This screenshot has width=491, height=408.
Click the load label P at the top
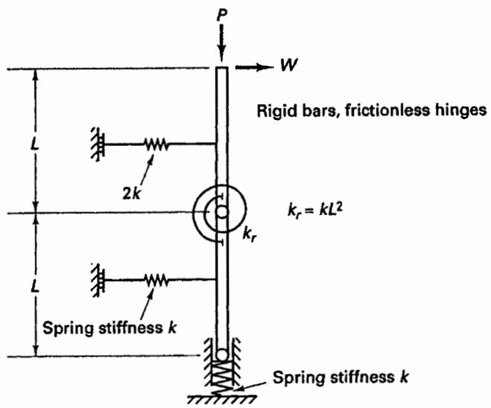click(222, 16)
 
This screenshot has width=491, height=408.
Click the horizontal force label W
click(288, 65)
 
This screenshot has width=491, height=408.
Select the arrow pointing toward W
click(254, 67)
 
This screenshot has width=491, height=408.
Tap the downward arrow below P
click(221, 43)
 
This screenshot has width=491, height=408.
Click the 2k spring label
click(132, 194)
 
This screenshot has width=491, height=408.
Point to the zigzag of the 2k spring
click(156, 144)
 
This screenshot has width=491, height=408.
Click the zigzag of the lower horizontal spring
click(156, 280)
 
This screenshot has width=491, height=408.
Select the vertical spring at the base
click(222, 378)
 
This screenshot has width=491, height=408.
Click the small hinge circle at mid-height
click(222, 212)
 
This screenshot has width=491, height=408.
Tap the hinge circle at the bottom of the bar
click(222, 355)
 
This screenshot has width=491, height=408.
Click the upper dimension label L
click(35, 145)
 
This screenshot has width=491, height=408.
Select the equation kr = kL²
click(314, 210)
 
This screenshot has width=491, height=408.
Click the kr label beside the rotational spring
click(250, 235)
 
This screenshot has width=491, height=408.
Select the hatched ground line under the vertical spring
click(222, 399)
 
